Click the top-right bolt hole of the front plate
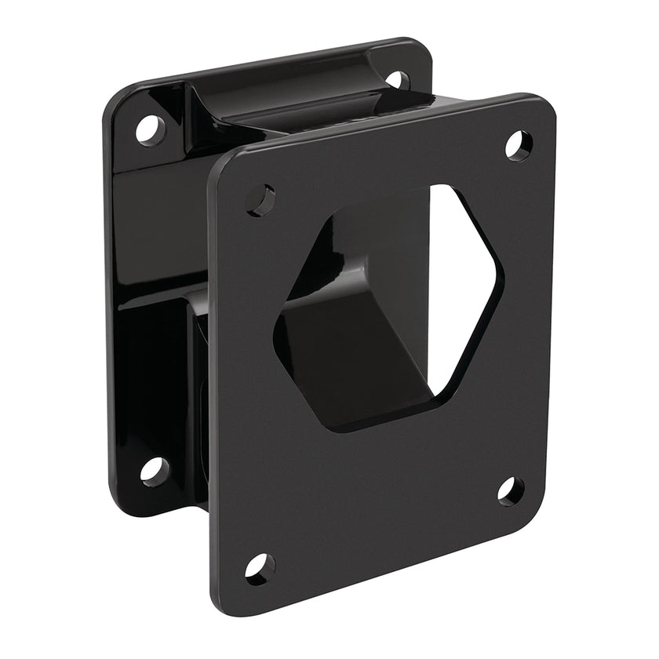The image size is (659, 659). (x=518, y=146)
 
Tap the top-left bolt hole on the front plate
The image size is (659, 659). (x=260, y=200)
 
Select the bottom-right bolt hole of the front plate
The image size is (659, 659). (x=511, y=491)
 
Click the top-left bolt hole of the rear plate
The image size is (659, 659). (x=151, y=129)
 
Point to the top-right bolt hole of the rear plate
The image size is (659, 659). (x=397, y=79)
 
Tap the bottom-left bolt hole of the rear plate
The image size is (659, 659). (x=155, y=470)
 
